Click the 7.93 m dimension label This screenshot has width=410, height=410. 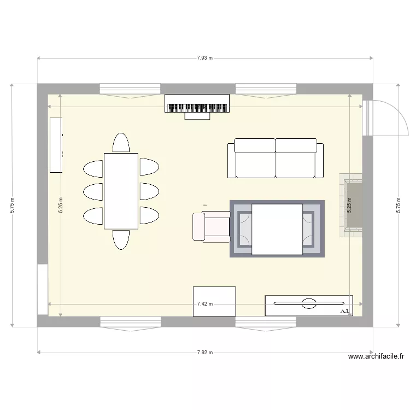[205, 57]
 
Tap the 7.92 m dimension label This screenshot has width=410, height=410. [205, 353]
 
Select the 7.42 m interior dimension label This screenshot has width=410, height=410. [205, 304]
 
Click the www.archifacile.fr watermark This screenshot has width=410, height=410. [376, 357]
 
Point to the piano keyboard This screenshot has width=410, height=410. [197, 107]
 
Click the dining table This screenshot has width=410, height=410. [121, 191]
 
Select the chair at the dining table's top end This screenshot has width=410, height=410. [121, 143]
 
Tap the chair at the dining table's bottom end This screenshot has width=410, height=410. [121, 239]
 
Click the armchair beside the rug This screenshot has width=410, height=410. [211, 226]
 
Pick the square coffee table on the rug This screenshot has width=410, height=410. [277, 229]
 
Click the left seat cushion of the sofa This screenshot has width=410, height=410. [255, 159]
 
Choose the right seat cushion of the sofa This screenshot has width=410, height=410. [296, 159]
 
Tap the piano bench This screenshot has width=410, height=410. [197, 115]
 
